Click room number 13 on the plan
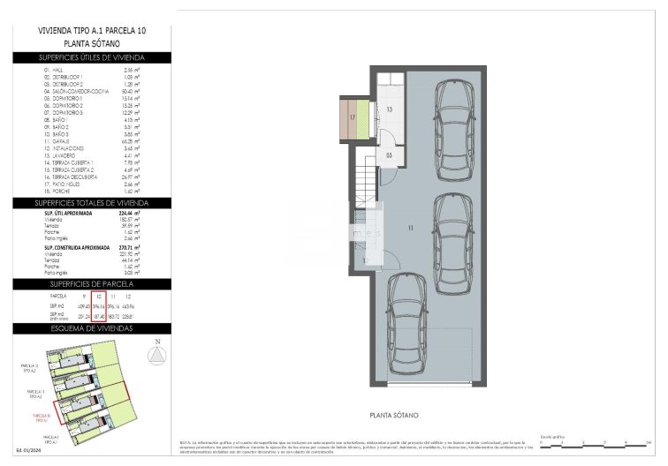390,109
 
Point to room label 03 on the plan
390,154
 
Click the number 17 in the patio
352,116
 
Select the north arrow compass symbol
157,354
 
